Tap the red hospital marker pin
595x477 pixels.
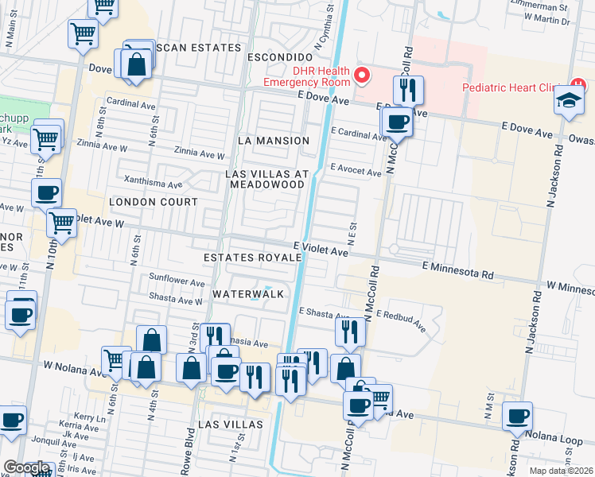pyautogui.click(x=362, y=76)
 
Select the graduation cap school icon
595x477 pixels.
pyautogui.click(x=568, y=101)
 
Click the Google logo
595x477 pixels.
pyautogui.click(x=25, y=467)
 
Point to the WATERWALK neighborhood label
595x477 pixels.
pyautogui.click(x=248, y=294)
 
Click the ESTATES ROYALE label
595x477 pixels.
pyautogui.click(x=252, y=258)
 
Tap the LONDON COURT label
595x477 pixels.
pyautogui.click(x=153, y=202)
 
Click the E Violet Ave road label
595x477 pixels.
pyautogui.click(x=321, y=250)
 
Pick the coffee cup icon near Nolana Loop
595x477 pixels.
pyautogui.click(x=517, y=416)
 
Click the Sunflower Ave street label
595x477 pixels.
pyautogui.click(x=176, y=281)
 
